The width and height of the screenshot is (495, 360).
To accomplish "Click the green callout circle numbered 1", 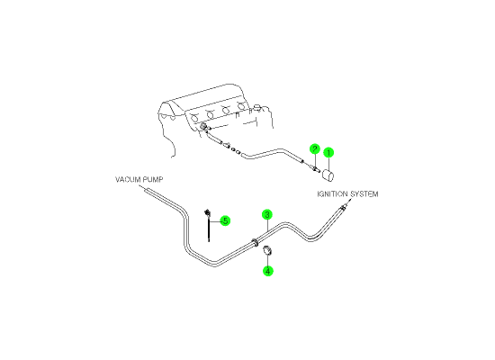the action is (328, 152).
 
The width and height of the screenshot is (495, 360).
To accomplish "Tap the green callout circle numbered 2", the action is (315, 148).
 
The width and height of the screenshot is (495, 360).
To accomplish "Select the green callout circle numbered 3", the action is (267, 215).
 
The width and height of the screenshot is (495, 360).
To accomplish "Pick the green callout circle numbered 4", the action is (267, 271).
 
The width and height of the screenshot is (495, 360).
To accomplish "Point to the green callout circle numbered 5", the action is (225, 220).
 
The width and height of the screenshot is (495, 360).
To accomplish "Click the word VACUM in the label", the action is (127, 180).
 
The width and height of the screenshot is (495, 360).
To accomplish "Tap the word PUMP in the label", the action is (153, 180).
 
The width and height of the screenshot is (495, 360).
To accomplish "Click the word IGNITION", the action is (332, 193).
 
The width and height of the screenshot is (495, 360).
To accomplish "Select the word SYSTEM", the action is (364, 193).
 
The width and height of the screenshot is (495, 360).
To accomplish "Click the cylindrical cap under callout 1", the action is (328, 175).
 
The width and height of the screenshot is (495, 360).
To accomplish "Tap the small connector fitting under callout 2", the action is (316, 170).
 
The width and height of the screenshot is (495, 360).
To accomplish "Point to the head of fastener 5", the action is (207, 212).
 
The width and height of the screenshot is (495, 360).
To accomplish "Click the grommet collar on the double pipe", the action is (255, 243).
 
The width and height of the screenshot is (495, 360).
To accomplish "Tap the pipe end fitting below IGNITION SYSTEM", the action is (344, 207).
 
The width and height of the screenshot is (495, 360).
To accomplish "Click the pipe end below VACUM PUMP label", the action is (146, 190).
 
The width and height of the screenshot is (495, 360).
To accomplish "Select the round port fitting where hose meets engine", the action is (203, 126).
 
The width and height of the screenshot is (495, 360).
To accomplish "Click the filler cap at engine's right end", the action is (258, 108).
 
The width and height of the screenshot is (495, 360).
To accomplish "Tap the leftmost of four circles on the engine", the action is (194, 119).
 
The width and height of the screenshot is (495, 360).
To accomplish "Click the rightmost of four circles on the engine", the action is (242, 106).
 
